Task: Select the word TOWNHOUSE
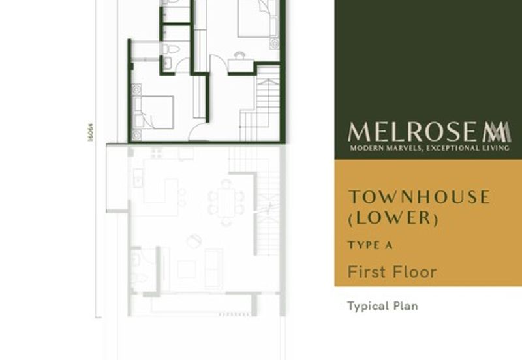click(x=418, y=197)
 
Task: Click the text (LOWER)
click(x=392, y=218)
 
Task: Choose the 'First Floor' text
click(x=391, y=271)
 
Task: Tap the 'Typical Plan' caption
click(x=382, y=305)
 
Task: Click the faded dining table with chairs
click(x=226, y=202)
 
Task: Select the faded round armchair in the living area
click(x=194, y=241)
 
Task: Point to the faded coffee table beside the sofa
click(x=187, y=269)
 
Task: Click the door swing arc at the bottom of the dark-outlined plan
click(x=198, y=132)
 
